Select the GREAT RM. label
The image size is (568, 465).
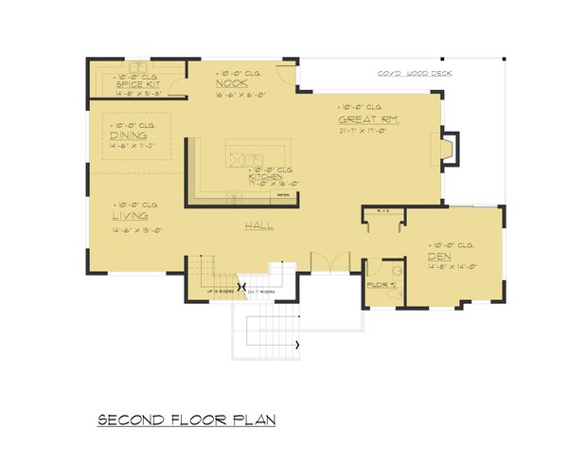pyautogui.click(x=364, y=120)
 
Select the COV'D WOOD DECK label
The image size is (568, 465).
pyautogui.click(x=401, y=72)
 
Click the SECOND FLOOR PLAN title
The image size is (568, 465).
pyautogui.click(x=186, y=418)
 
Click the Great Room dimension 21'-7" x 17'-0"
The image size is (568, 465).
pyautogui.click(x=364, y=132)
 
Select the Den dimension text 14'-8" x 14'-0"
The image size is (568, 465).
pyautogui.click(x=452, y=267)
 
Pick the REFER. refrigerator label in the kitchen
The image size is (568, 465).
pyautogui.click(x=282, y=195)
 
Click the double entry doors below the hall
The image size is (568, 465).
pyautogui.click(x=327, y=260)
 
